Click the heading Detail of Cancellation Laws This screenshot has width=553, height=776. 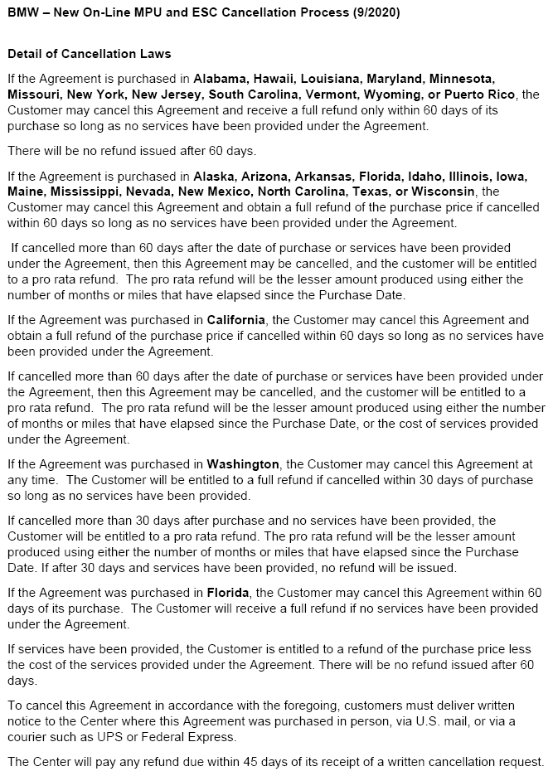click(x=89, y=54)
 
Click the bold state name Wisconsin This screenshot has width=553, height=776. click(x=442, y=192)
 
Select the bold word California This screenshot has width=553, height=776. click(x=236, y=320)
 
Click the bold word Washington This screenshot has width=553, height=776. click(x=244, y=464)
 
